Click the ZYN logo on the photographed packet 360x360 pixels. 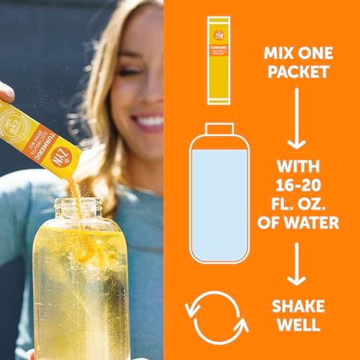(61, 174)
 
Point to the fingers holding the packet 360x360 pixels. (6, 92)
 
